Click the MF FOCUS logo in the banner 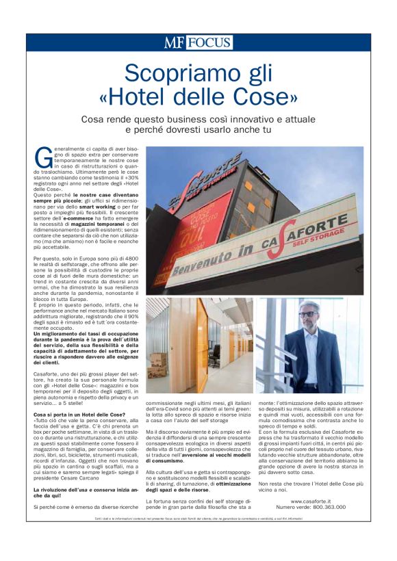click(198, 42)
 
